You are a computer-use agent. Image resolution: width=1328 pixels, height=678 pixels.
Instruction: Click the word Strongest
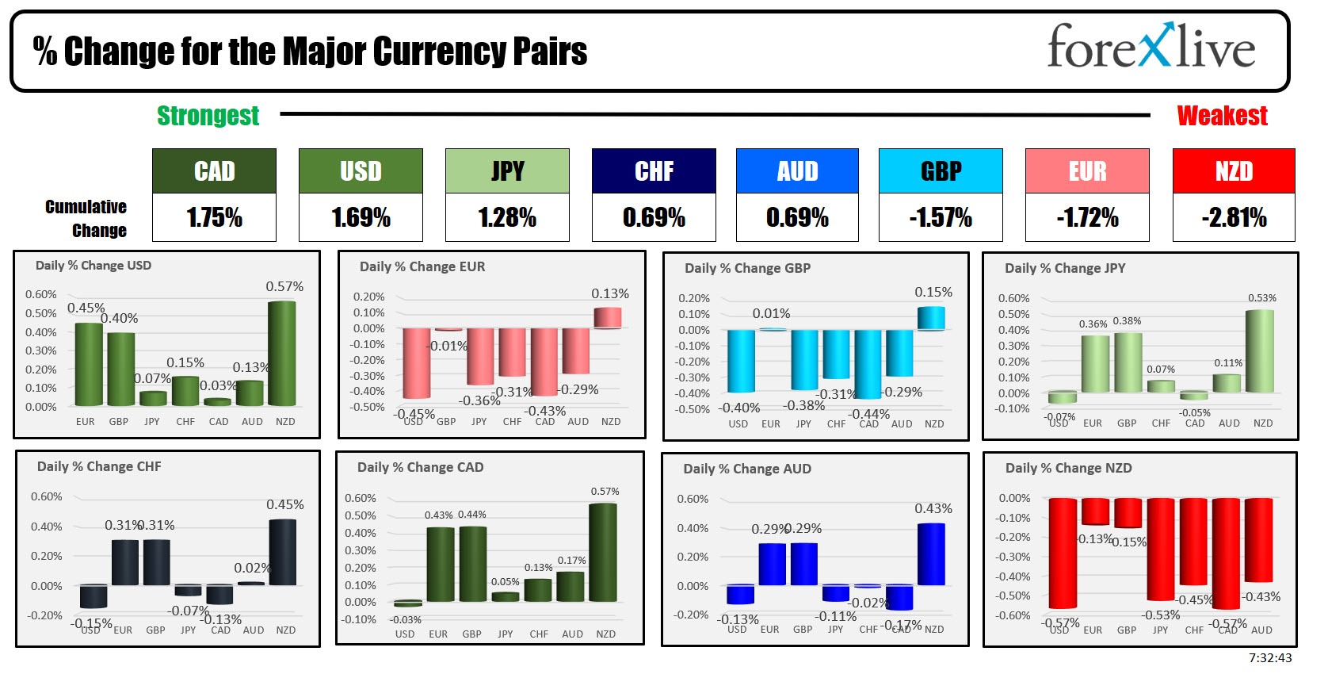(208, 116)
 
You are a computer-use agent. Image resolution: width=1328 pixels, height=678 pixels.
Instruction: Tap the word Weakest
(1222, 116)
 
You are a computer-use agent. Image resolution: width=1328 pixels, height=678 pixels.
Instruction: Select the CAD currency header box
(214, 171)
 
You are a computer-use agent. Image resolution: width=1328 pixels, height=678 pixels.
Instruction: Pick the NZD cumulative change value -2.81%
(1234, 217)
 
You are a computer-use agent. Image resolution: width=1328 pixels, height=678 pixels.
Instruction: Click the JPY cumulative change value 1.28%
(507, 217)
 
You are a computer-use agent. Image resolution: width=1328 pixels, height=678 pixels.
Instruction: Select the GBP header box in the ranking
(941, 171)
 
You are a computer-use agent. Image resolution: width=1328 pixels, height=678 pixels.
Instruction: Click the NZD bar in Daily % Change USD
(282, 354)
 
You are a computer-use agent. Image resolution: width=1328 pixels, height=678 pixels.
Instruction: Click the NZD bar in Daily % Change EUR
(608, 317)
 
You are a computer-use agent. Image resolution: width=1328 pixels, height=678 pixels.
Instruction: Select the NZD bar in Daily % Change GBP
(931, 318)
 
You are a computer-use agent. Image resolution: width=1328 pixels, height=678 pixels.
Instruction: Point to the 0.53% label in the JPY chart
(1262, 298)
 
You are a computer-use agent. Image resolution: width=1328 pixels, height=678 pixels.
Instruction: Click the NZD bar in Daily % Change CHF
(283, 553)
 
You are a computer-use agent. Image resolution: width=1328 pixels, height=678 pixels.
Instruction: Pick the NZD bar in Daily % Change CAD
(603, 553)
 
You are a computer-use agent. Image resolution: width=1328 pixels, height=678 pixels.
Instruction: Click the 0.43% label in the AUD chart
(933, 508)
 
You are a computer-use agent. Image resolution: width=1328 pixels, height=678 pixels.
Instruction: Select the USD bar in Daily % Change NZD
(1063, 553)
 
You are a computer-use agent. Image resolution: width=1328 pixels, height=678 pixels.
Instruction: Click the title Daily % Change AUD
(747, 469)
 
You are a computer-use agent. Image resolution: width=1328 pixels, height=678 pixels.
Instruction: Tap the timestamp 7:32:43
(1270, 658)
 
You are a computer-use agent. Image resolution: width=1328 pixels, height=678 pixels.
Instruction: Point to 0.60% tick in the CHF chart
(46, 496)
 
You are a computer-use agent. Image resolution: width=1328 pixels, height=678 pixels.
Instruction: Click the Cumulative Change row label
(86, 219)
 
